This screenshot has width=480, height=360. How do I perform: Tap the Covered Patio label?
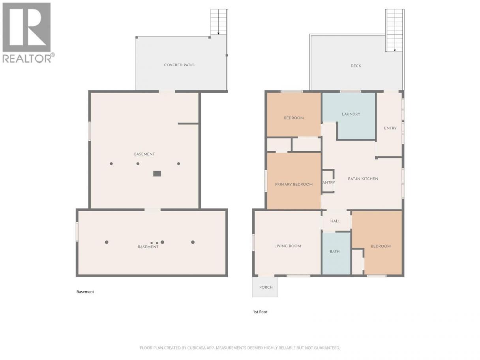(x=179, y=65)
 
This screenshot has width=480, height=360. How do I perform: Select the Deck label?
(x=356, y=66)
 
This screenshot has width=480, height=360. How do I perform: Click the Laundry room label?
(x=351, y=114)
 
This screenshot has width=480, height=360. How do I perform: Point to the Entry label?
(x=390, y=128)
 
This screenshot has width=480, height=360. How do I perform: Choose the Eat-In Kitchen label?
(x=363, y=179)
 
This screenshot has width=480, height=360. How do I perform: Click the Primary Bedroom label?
(x=294, y=184)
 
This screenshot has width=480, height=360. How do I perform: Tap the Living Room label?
(x=287, y=246)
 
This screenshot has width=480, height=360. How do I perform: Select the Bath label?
(x=335, y=251)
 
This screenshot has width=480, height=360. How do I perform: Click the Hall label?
(x=335, y=221)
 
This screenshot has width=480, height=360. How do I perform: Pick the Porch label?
(x=266, y=287)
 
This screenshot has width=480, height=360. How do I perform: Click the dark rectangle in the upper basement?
(x=157, y=174)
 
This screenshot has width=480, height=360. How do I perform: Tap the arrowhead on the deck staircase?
(x=395, y=51)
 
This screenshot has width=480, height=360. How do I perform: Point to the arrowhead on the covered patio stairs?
(x=218, y=34)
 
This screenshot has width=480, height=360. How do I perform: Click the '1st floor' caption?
(x=260, y=312)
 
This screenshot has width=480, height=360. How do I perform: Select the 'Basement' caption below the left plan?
(x=85, y=292)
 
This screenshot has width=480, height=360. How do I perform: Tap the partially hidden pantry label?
(x=329, y=182)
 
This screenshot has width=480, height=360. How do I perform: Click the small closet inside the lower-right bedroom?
(x=357, y=262)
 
